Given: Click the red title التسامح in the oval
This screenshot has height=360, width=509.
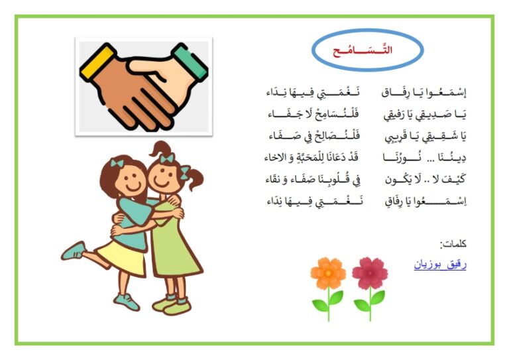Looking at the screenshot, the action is [363, 50].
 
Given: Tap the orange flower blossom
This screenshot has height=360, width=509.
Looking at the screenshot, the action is [328, 273].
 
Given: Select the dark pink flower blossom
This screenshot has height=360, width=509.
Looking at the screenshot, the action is [370, 272].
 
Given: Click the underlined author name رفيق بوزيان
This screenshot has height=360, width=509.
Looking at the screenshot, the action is [440, 265].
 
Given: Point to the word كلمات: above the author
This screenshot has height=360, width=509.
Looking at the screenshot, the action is [453, 243].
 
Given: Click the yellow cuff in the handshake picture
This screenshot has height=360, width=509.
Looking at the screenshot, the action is [98, 62].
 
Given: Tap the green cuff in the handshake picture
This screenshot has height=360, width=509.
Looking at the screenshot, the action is [190, 61].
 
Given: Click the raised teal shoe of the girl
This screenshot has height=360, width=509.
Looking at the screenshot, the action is [74, 251].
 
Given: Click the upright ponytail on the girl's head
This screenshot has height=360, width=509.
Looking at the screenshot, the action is [160, 149].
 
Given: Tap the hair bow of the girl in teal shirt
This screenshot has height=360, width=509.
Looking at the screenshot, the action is [117, 163].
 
